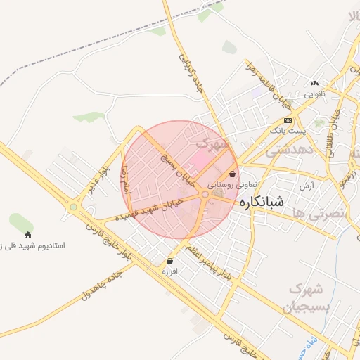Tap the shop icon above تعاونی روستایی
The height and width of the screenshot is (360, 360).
coord(233,174)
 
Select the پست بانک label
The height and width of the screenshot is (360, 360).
coord(288,131)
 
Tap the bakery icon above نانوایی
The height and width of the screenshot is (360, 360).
coord(314,83)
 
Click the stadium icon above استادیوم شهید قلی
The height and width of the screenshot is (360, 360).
coord(28,235)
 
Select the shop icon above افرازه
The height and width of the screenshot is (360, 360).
coord(169,261)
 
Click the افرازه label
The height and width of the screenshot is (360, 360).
coord(169,271)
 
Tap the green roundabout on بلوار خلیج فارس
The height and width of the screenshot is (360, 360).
coord(73,207)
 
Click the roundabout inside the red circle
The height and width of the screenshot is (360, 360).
coord(205,193)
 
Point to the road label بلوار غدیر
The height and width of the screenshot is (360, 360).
coord(99,180)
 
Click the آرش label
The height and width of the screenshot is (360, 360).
coord(307,186)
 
